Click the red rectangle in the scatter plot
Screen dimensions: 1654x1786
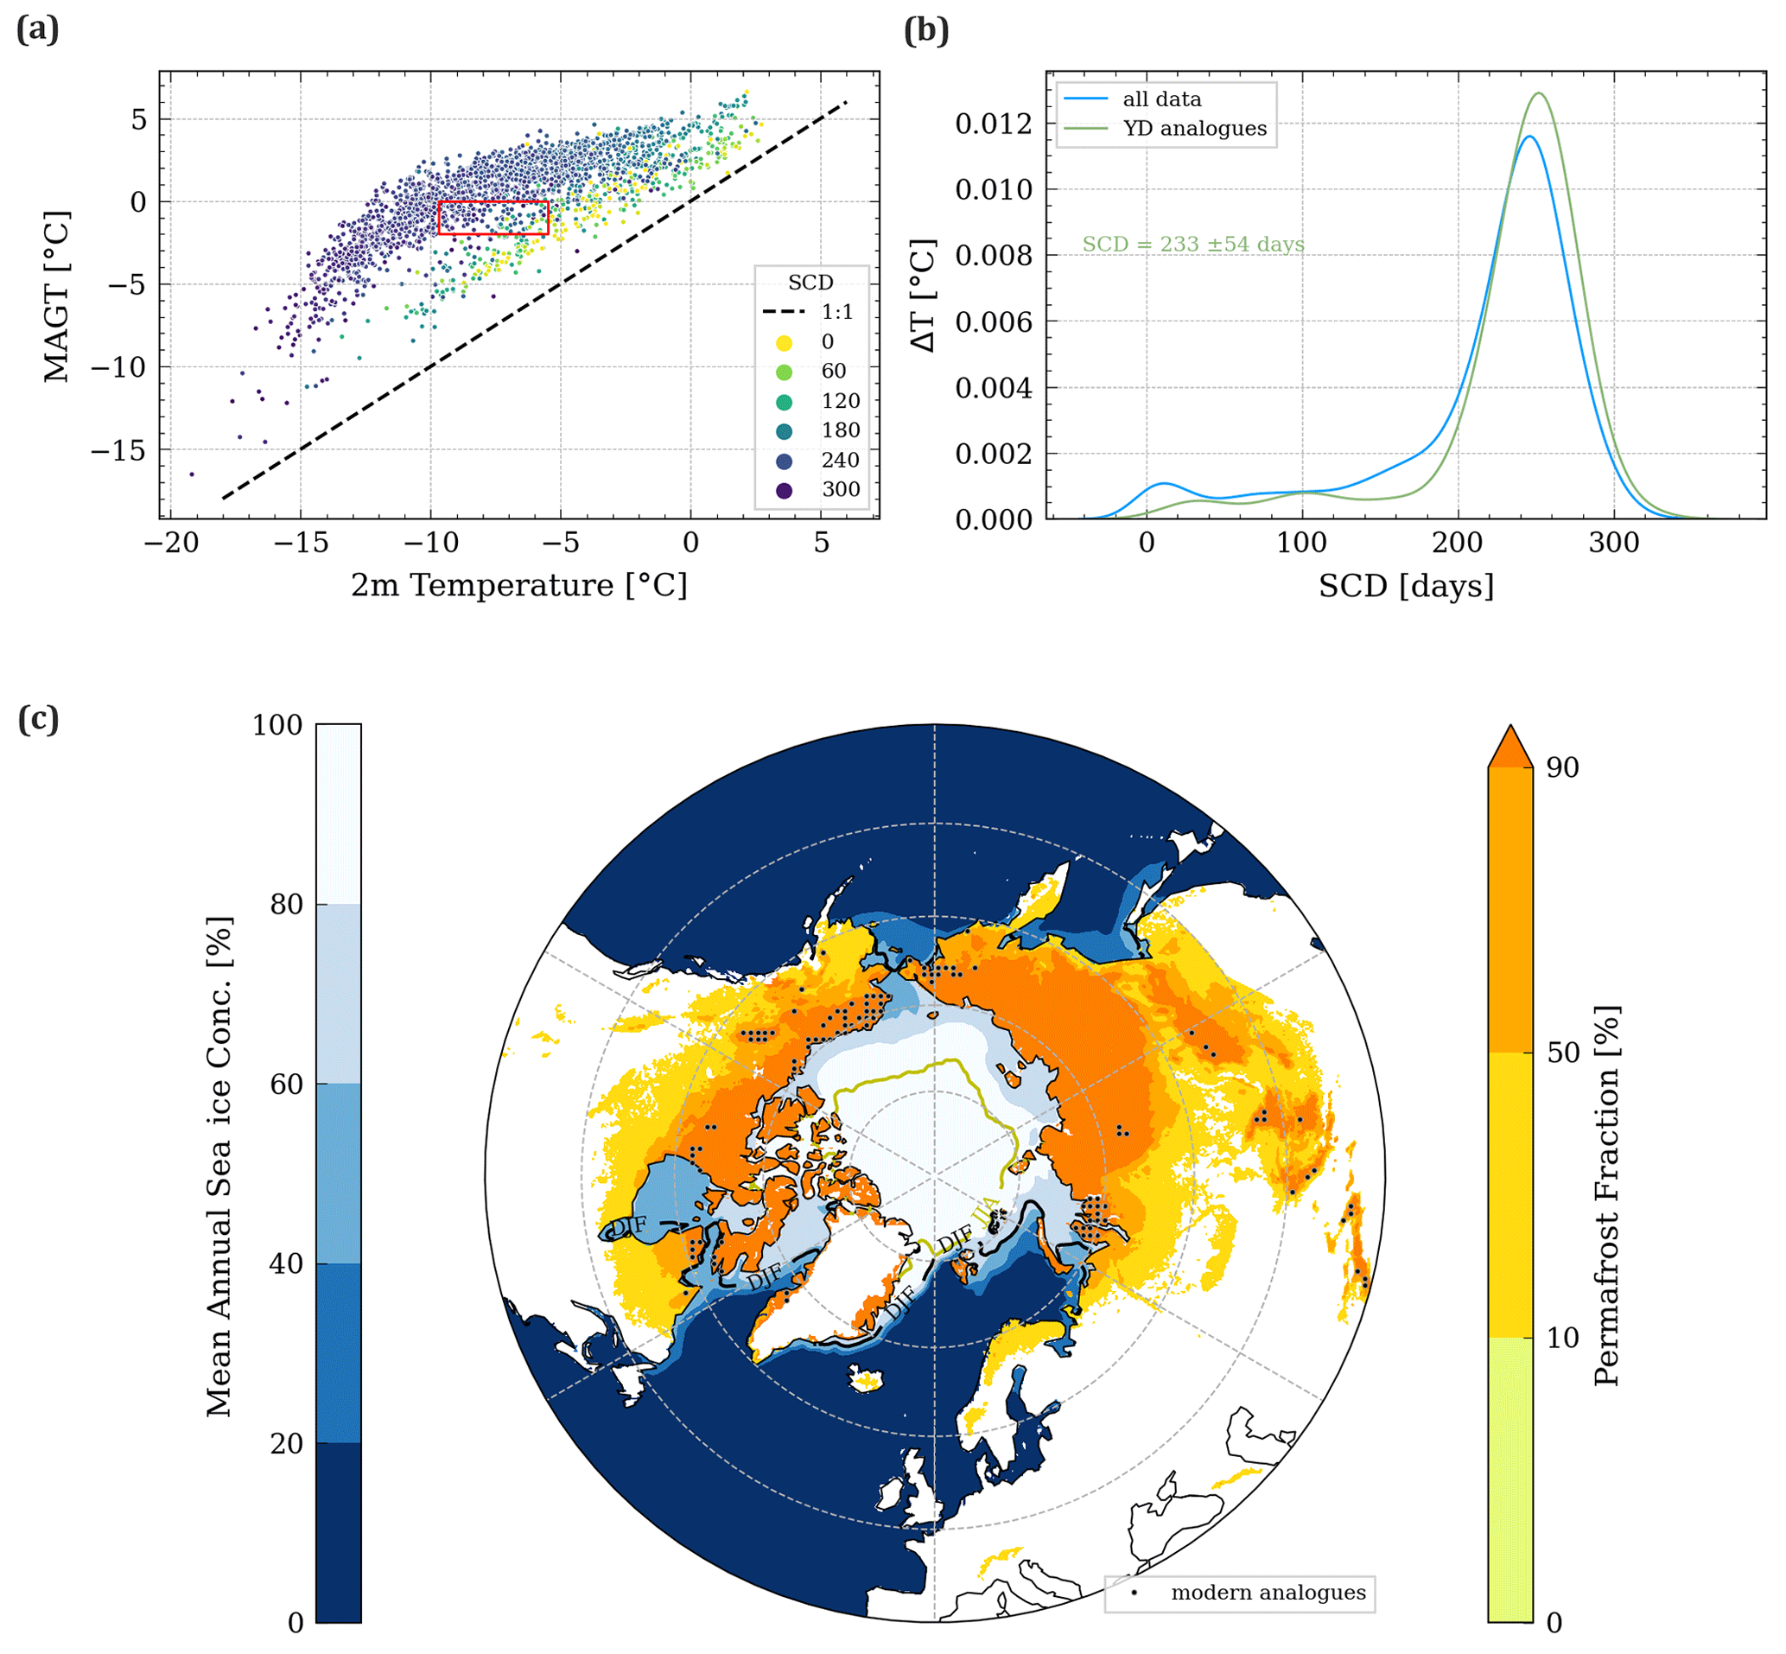(x=493, y=218)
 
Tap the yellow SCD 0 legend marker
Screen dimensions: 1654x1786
(x=784, y=342)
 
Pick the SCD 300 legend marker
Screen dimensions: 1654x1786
(x=784, y=490)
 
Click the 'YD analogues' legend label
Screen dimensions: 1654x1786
(x=1194, y=129)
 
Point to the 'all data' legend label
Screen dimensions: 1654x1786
(x=1161, y=99)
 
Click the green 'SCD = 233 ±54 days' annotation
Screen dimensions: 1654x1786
(x=1192, y=245)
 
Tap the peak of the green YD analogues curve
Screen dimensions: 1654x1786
(x=1539, y=93)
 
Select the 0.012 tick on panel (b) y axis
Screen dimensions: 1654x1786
(x=993, y=124)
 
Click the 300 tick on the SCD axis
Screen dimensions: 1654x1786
(x=1614, y=543)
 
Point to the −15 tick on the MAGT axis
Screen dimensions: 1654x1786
(x=118, y=450)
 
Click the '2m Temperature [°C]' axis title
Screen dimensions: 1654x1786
(x=519, y=585)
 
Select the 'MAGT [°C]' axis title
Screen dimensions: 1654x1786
(x=55, y=296)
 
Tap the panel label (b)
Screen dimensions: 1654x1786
(x=926, y=30)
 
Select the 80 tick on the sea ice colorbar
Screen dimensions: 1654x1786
(x=287, y=904)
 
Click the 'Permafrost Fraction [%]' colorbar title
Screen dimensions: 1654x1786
(x=1606, y=1196)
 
